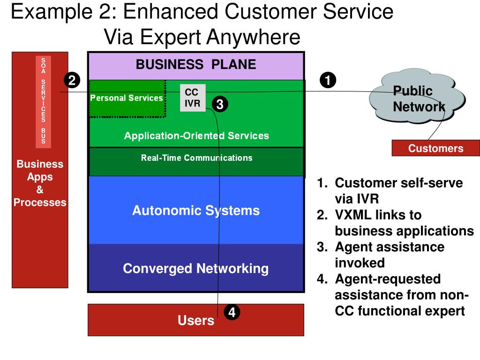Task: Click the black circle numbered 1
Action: [328, 80]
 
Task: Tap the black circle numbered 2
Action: [72, 80]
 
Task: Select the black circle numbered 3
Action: [220, 104]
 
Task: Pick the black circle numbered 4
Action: [232, 312]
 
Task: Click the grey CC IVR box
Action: [193, 97]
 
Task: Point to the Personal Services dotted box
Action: [127, 98]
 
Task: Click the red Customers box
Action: [436, 148]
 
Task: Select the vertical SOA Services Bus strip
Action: [43, 102]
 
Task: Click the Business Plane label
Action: [196, 64]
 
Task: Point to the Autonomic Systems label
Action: [196, 210]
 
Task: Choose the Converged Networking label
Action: [196, 269]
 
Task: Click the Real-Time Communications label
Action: [196, 157]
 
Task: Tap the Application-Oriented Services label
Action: [196, 135]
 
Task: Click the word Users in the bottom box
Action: [196, 320]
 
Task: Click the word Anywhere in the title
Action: [254, 37]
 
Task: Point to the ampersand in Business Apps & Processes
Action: [40, 189]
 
